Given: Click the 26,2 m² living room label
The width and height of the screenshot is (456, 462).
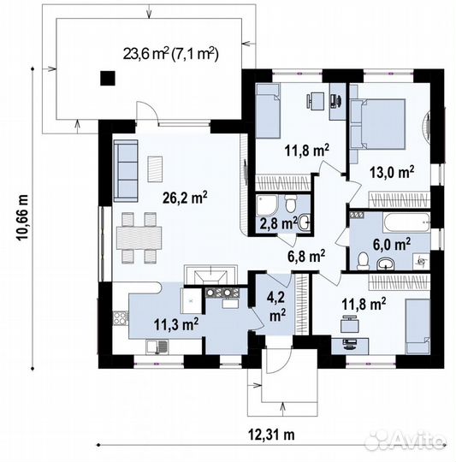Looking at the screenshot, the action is click(185, 198).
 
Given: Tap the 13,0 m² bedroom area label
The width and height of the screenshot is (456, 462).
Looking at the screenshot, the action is click(392, 172).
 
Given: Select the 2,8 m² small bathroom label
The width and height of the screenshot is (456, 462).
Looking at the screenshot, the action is click(279, 223).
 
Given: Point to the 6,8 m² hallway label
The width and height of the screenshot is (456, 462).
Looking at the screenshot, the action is click(306, 256).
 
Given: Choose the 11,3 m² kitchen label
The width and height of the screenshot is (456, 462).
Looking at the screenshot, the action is click(176, 324).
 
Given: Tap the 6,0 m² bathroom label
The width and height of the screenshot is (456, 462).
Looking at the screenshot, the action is click(392, 244).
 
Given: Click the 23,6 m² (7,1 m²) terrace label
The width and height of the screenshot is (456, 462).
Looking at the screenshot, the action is click(171, 54).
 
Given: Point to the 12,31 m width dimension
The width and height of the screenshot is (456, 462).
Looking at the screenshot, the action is click(271, 435).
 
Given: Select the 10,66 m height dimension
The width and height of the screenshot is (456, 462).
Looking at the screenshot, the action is click(23, 217).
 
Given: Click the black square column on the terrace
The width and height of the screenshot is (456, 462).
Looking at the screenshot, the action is click(108, 79).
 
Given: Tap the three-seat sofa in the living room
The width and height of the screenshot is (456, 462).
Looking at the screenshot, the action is click(126, 171).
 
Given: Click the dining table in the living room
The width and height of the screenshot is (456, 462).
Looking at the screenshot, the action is click(139, 238).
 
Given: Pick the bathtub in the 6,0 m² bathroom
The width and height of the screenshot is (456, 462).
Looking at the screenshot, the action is click(406, 222).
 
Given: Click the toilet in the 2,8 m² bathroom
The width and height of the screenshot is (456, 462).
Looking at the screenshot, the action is click(291, 204).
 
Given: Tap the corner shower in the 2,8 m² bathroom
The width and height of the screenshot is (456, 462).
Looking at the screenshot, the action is click(267, 205).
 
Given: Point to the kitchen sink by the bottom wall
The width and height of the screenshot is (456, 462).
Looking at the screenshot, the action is click(157, 346).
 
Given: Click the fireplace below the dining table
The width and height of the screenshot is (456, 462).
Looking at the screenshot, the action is click(210, 275).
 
